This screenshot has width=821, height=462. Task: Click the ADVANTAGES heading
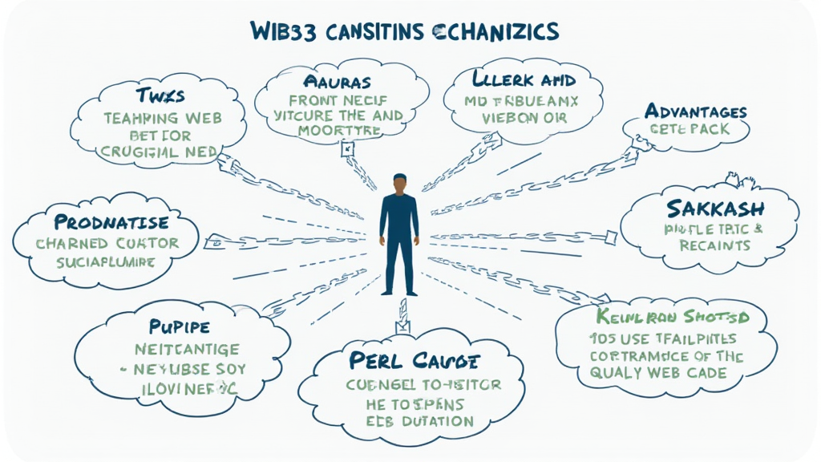point(695,111)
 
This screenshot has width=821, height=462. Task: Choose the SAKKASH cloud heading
point(715,209)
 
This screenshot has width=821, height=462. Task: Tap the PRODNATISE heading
point(112,221)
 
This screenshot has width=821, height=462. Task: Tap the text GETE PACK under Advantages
point(688,129)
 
